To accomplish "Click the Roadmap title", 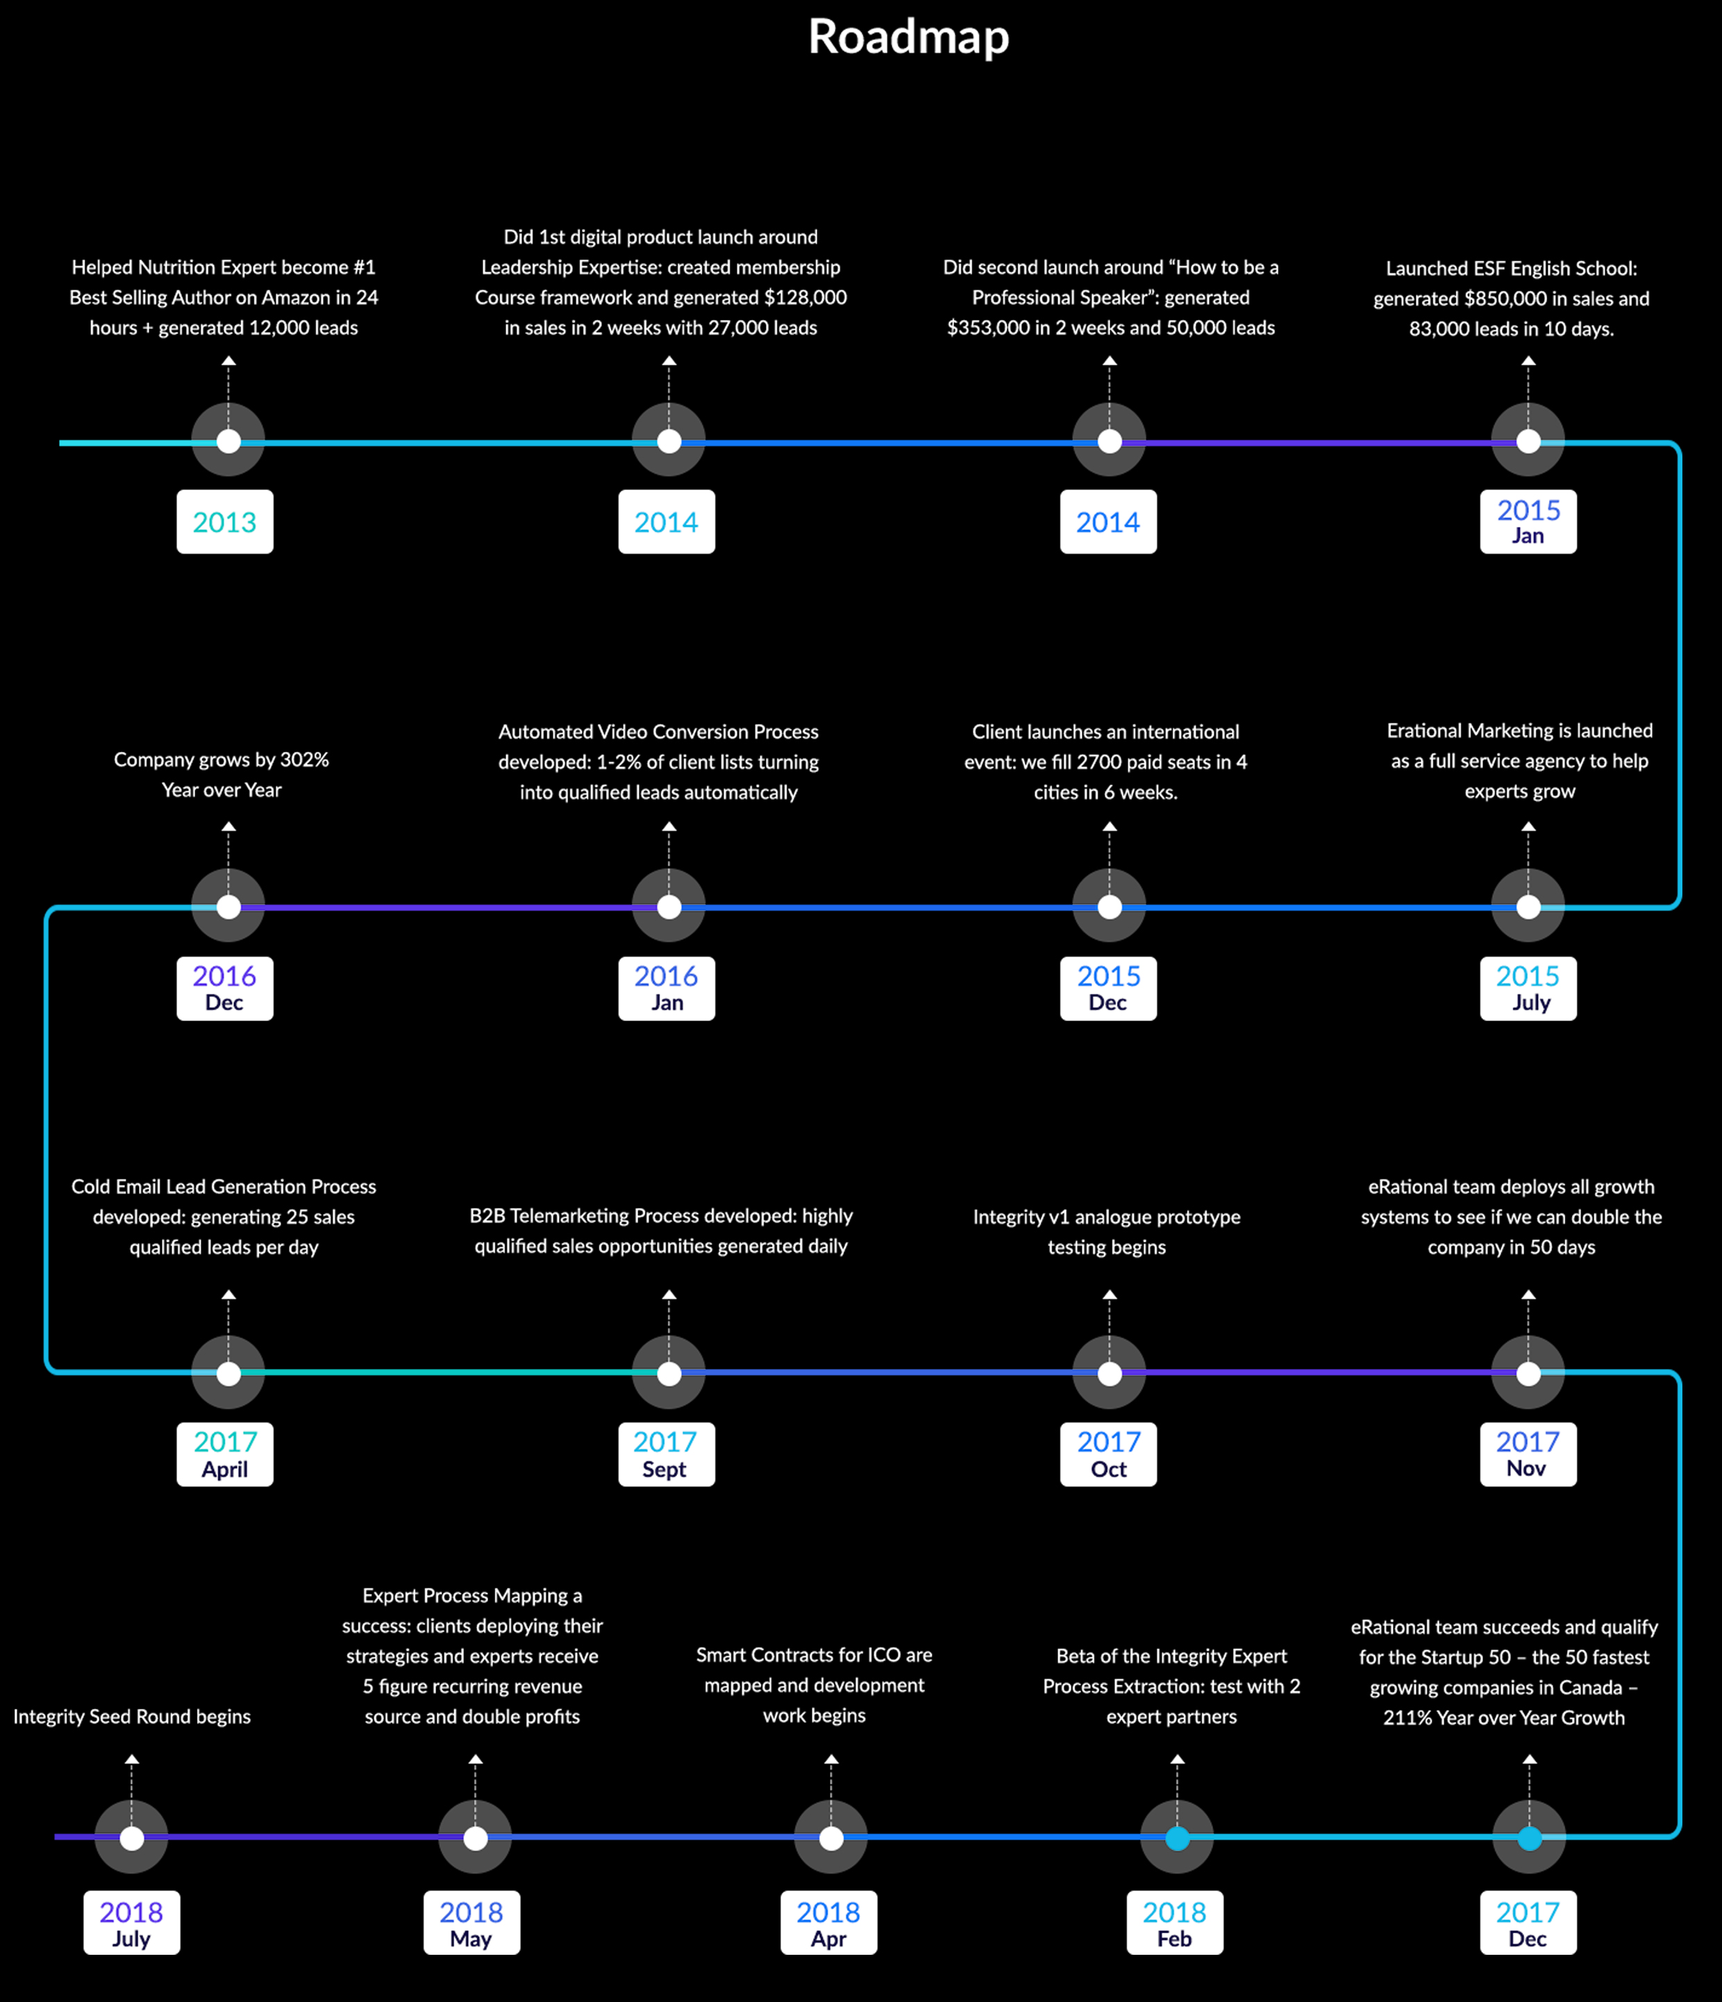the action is point(908,37).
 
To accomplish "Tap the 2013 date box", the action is point(225,522).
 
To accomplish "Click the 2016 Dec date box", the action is point(225,989).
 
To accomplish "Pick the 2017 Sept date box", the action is point(667,1454).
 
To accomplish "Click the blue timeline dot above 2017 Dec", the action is point(1530,1837).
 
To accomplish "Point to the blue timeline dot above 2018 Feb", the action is point(1177,1837).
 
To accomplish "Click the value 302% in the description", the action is point(304,759).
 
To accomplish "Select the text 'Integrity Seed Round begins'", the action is point(131,1716).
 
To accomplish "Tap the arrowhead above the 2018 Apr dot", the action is point(831,1760).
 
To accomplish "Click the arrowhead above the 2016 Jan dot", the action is point(669,827).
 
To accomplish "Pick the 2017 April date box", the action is point(225,1454).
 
